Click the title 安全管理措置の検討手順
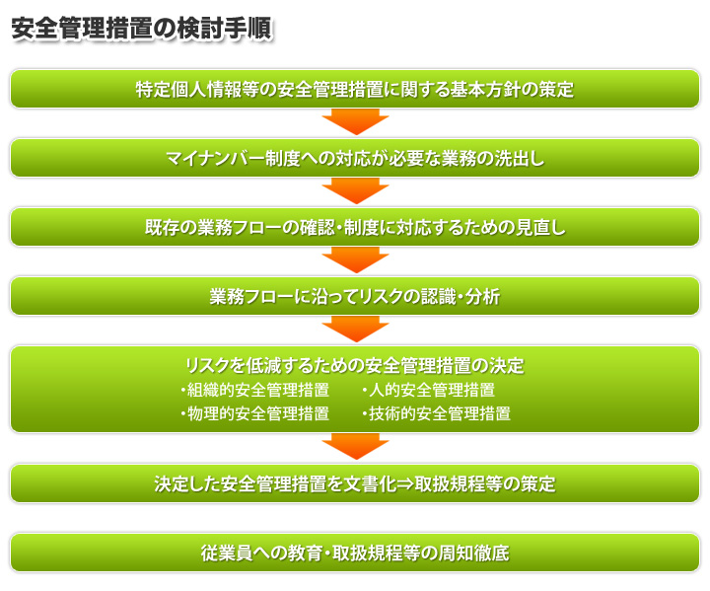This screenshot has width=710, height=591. [142, 28]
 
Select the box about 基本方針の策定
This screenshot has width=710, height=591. [355, 89]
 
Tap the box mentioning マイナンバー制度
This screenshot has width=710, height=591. [355, 158]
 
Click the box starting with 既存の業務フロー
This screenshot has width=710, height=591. [355, 227]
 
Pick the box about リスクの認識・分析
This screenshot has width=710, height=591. [355, 296]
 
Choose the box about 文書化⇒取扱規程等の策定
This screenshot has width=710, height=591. [355, 483]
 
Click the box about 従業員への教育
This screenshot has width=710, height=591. [355, 553]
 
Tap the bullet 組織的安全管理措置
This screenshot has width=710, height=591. [255, 390]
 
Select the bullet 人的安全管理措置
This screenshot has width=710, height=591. [428, 390]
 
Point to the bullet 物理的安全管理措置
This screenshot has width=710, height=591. [255, 413]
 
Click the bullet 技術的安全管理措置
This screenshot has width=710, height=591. [437, 413]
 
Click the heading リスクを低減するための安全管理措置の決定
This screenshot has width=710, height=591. [355, 366]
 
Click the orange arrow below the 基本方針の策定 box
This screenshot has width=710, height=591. [355, 122]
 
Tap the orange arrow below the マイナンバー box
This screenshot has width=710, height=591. [355, 191]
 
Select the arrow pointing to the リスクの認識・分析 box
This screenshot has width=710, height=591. [355, 260]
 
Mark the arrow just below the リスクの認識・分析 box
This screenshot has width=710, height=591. [355, 330]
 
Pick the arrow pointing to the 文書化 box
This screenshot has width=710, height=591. [355, 447]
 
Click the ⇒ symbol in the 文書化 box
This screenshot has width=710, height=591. [405, 484]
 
